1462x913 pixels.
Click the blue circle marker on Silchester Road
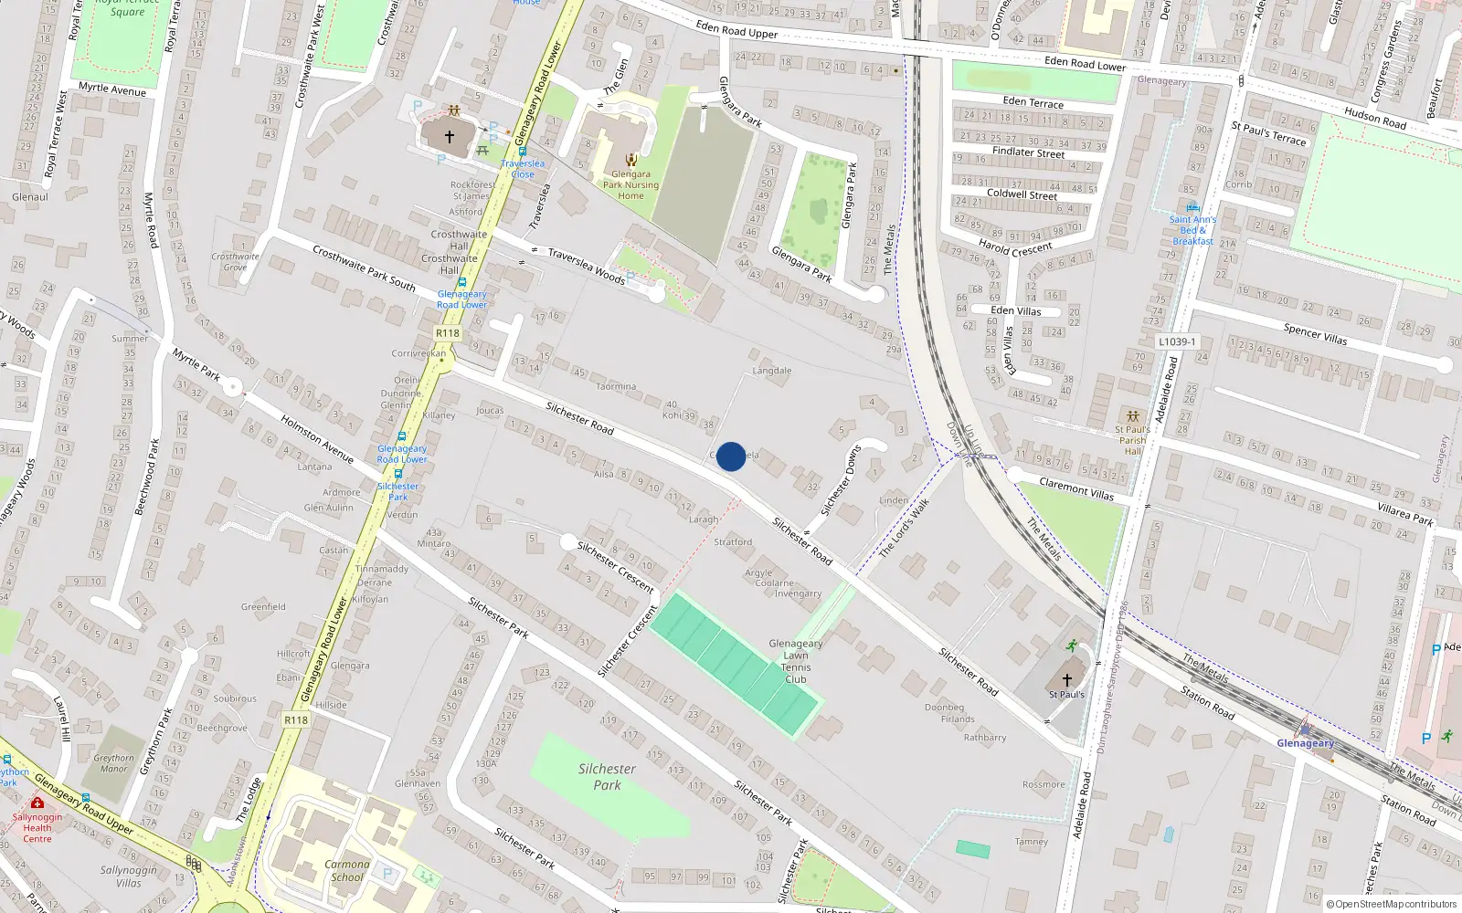pyautogui.click(x=730, y=456)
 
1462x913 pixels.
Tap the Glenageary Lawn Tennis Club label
pyautogui.click(x=795, y=661)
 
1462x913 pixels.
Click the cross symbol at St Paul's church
pyautogui.click(x=1066, y=679)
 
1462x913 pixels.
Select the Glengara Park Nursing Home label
pyautogui.click(x=630, y=184)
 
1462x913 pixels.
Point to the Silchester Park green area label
pyautogui.click(x=607, y=777)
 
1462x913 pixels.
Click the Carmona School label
pyautogui.click(x=346, y=870)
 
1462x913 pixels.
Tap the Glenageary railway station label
pyautogui.click(x=1305, y=743)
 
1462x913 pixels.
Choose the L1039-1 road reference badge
pyautogui.click(x=1177, y=341)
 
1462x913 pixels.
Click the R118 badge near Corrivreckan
pyautogui.click(x=448, y=333)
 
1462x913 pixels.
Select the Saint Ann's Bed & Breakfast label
pyautogui.click(x=1192, y=230)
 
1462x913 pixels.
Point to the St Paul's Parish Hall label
pyautogui.click(x=1132, y=440)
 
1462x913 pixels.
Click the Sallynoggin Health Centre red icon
pyautogui.click(x=37, y=803)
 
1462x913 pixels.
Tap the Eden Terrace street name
pyautogui.click(x=1033, y=101)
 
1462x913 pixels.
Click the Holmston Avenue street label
pyautogui.click(x=317, y=438)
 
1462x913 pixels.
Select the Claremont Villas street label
pyautogui.click(x=1076, y=489)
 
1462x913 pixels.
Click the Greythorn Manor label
pyautogui.click(x=113, y=763)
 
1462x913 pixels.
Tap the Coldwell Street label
pyautogui.click(x=1022, y=194)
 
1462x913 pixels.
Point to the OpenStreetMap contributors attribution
pyautogui.click(x=1387, y=904)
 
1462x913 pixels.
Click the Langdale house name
pyautogui.click(x=771, y=371)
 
